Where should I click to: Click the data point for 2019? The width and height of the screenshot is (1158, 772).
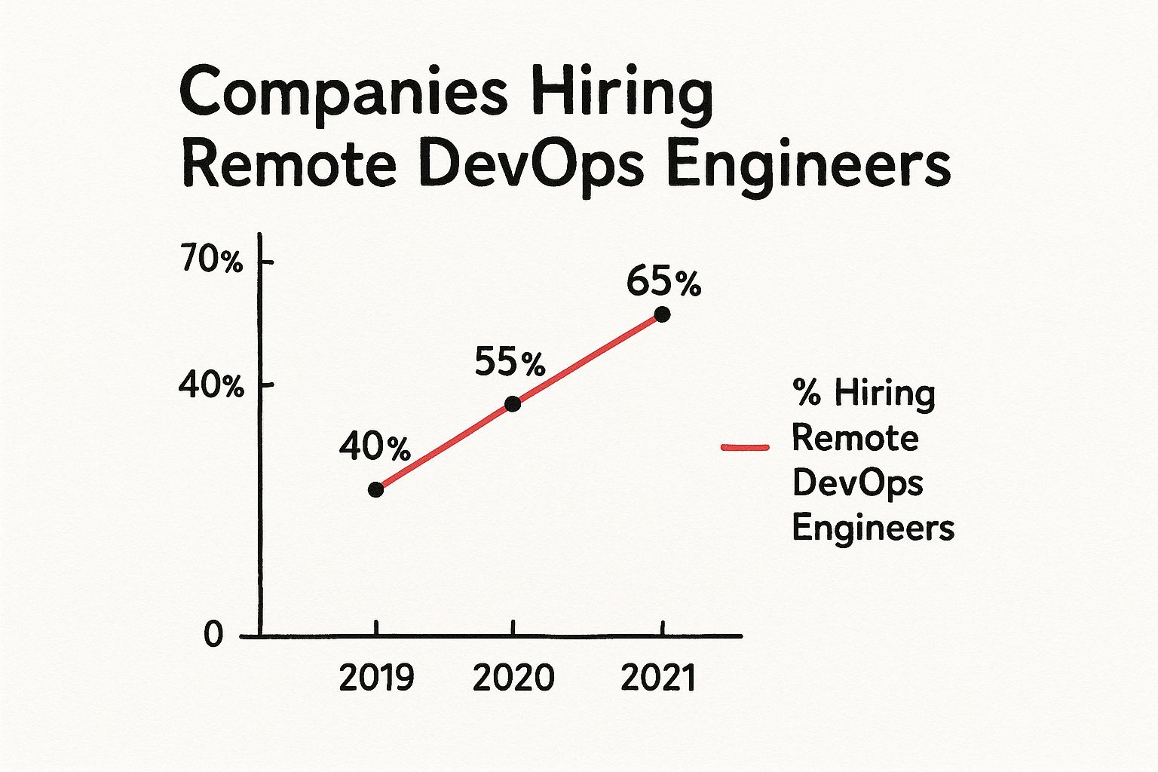(x=375, y=490)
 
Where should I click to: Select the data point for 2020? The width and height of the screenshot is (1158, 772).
(x=513, y=404)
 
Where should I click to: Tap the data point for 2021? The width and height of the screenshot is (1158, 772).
(x=662, y=314)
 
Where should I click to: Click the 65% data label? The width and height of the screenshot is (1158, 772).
(x=663, y=283)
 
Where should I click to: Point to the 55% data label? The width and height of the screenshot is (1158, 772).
(x=510, y=363)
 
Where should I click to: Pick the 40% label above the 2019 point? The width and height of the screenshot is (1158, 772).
(x=375, y=447)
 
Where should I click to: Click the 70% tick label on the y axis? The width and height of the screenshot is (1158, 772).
(x=212, y=261)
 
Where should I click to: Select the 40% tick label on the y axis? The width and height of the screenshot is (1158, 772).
(x=211, y=386)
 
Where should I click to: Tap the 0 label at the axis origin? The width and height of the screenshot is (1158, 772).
(x=213, y=635)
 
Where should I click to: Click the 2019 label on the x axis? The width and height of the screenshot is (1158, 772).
(x=376, y=678)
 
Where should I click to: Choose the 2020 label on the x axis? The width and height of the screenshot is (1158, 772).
(x=513, y=678)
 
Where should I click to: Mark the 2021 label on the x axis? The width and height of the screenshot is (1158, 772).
(x=657, y=678)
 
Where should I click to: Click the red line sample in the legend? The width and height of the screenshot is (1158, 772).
(x=745, y=447)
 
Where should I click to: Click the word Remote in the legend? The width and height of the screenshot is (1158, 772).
(x=856, y=438)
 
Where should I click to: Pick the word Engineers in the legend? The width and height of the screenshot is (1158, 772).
(x=873, y=528)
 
